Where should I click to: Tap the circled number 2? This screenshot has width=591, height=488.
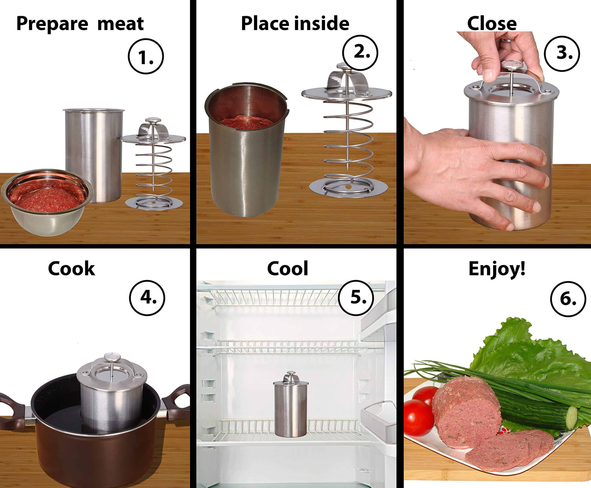coord(360,53)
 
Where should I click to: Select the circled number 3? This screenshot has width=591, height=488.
coord(562,53)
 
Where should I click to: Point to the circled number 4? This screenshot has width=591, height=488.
coord(147,298)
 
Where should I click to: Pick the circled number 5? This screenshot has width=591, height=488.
coord(356,298)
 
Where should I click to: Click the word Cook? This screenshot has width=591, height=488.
coord(71,269)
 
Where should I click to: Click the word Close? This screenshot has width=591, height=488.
coord(492,23)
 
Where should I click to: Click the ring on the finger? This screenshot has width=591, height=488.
coord(507,40)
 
